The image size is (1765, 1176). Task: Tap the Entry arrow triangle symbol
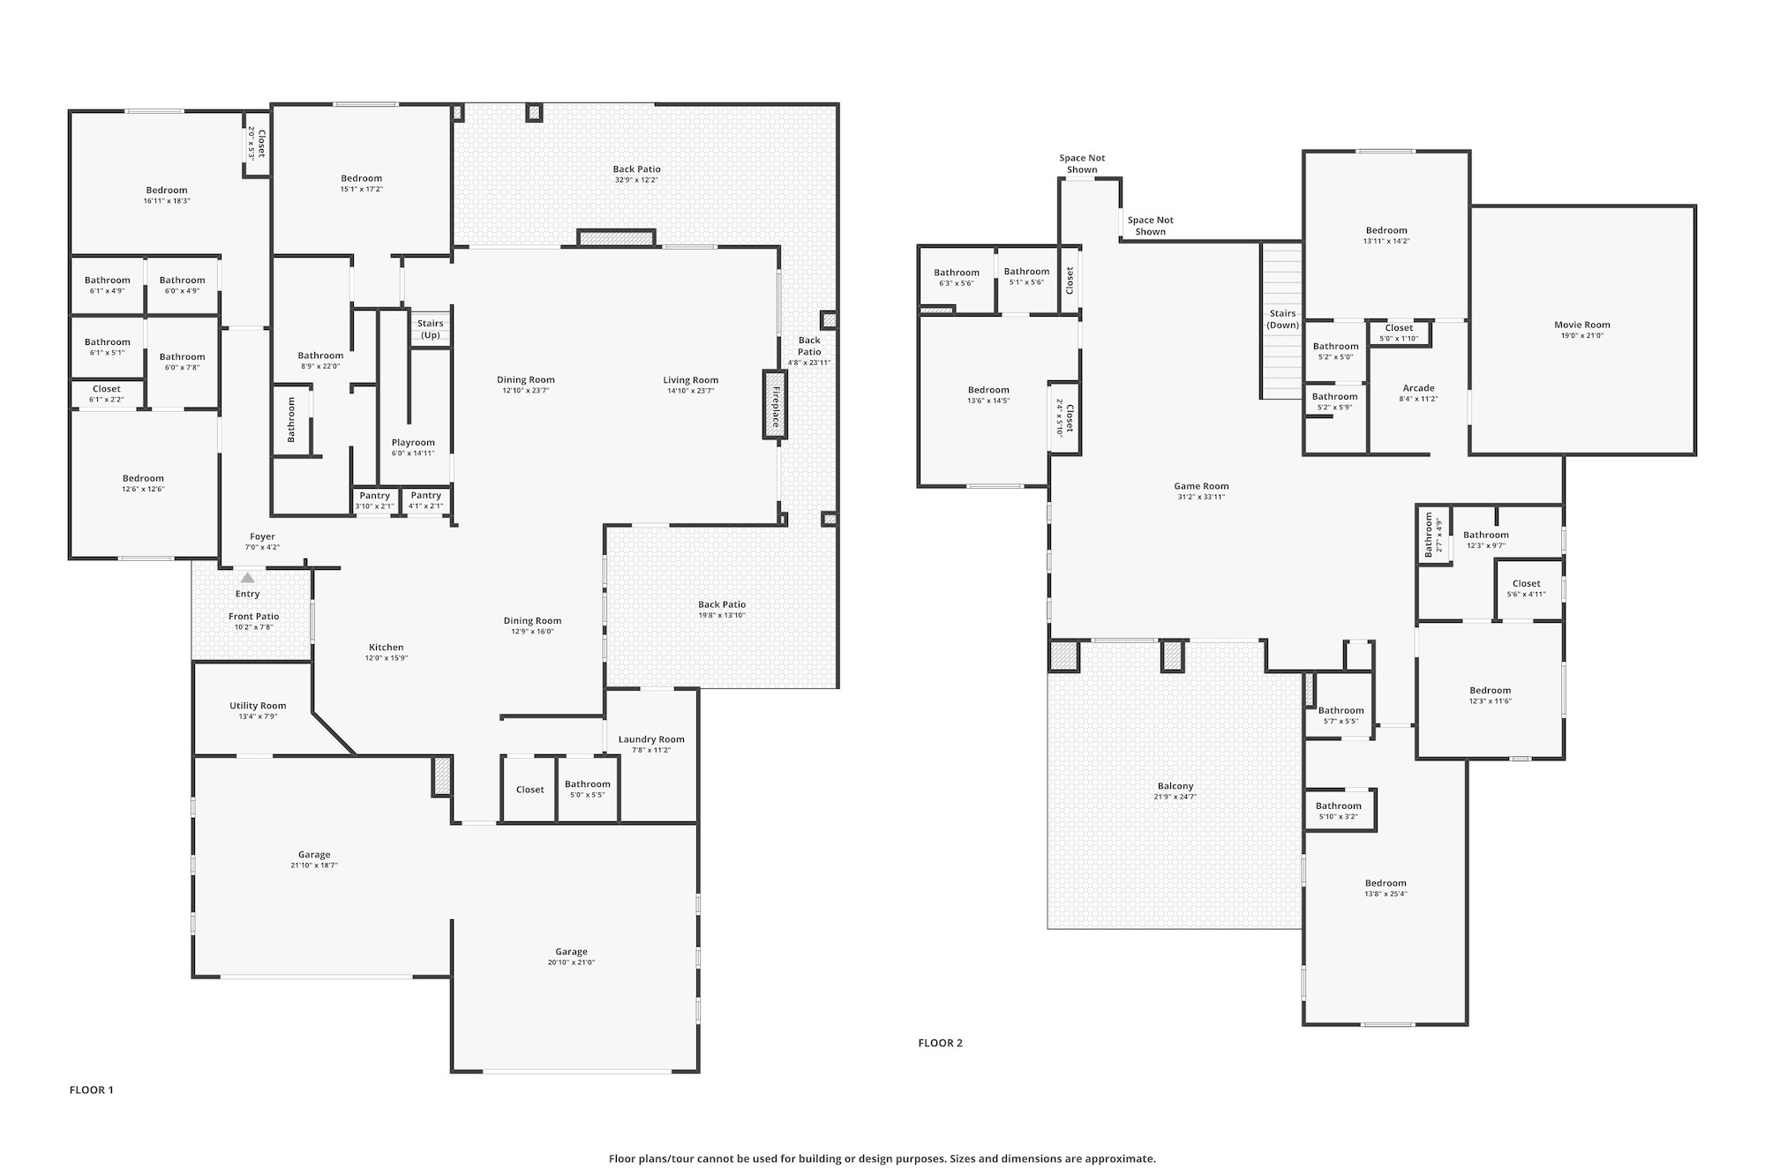(248, 578)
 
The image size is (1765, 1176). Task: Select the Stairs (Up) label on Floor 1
(431, 329)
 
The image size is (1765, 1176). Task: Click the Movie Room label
(1582, 325)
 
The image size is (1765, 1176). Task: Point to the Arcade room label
(1418, 388)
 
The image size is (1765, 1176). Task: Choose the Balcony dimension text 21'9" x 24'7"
(1175, 798)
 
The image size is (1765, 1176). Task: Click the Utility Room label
(258, 706)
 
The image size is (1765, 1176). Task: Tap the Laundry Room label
(651, 739)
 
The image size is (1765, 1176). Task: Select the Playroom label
(413, 443)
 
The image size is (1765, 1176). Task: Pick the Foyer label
(262, 536)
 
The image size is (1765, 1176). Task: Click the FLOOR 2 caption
(940, 1043)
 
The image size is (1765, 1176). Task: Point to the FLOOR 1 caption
(92, 1090)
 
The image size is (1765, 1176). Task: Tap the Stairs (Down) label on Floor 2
(1282, 319)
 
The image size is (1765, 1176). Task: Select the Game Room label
(1201, 486)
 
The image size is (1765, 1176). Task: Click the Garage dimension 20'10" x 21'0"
(571, 963)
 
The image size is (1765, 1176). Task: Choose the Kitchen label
(387, 648)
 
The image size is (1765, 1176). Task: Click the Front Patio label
(254, 617)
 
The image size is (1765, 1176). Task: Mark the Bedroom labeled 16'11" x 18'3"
(167, 190)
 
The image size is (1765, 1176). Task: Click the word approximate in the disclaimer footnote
(1124, 1158)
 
